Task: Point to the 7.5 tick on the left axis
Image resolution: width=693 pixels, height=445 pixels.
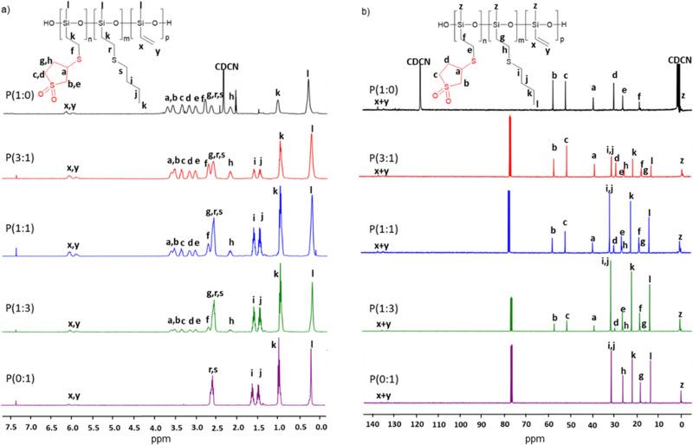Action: pyautogui.click(x=13, y=427)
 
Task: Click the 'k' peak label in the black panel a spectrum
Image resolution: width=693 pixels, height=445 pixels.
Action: pyautogui.click(x=277, y=93)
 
